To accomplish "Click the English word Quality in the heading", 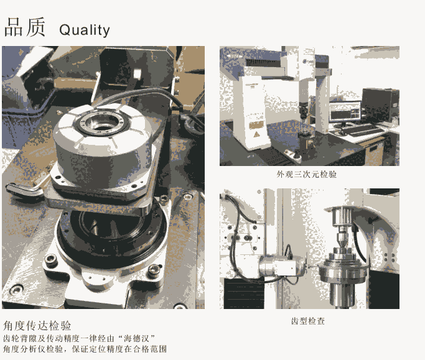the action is [85, 30].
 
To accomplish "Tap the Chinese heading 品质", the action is [25, 27].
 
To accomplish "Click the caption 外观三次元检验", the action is [307, 174].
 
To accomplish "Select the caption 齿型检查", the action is [308, 321].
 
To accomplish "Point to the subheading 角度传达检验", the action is [37, 326].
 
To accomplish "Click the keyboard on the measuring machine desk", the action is [363, 131].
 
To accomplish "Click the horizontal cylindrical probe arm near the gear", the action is [281, 265].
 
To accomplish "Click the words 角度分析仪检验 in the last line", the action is [33, 349].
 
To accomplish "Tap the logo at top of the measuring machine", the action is [307, 62].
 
